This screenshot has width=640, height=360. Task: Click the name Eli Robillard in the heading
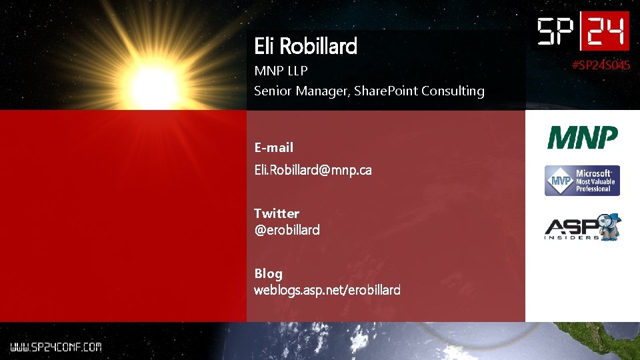pyautogui.click(x=305, y=46)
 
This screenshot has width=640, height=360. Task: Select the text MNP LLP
pyautogui.click(x=281, y=71)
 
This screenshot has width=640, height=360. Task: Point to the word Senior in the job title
pyautogui.click(x=273, y=91)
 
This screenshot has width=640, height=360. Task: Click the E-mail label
pyautogui.click(x=273, y=147)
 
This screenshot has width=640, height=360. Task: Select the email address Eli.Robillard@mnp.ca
pyautogui.click(x=313, y=170)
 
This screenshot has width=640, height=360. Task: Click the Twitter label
pyautogui.click(x=277, y=213)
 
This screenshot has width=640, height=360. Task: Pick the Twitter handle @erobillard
pyautogui.click(x=287, y=230)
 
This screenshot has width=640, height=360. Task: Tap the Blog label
pyautogui.click(x=268, y=273)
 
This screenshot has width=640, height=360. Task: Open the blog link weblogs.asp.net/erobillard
pyautogui.click(x=327, y=290)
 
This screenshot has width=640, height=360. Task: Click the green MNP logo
pyautogui.click(x=583, y=139)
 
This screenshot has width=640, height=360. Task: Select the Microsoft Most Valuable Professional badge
pyautogui.click(x=583, y=181)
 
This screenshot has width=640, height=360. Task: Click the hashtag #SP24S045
pyautogui.click(x=601, y=65)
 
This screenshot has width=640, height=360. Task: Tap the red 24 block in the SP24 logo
pyautogui.click(x=605, y=31)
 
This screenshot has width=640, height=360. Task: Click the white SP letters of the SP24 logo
pyautogui.click(x=559, y=31)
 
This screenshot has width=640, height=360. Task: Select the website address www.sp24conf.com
pyautogui.click(x=55, y=347)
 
